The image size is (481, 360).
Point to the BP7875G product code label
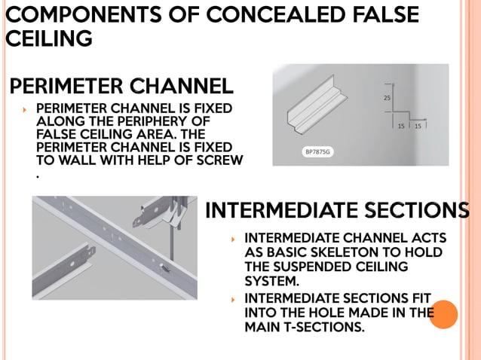tap(317, 152)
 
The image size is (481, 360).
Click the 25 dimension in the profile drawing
tap(387, 98)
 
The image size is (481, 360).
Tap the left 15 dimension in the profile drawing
tap(401, 126)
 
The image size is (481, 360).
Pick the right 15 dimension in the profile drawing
tap(418, 126)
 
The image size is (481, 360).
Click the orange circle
tap(444, 314)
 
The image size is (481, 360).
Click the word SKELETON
tap(355, 252)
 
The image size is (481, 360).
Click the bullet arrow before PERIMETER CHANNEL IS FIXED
tap(25, 110)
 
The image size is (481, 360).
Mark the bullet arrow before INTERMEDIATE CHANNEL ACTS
tap(234, 239)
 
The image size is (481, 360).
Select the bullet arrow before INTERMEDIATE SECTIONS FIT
tap(234, 299)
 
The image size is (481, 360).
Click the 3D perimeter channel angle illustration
tap(317, 113)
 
